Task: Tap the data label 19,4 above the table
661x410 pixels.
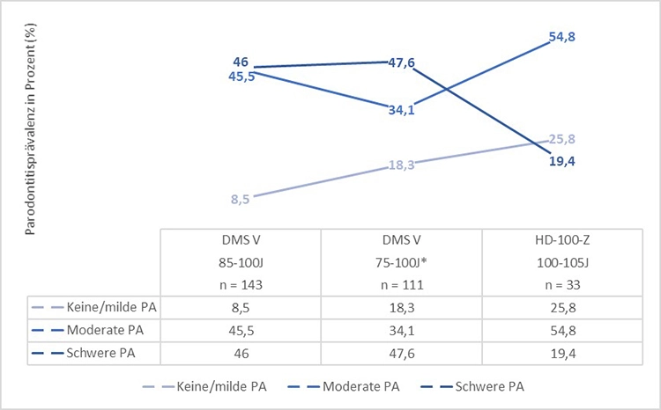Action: (x=561, y=161)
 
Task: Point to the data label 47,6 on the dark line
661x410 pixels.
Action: (x=402, y=62)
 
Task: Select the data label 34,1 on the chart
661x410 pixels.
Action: (x=401, y=110)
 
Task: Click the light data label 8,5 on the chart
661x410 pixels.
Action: (x=241, y=200)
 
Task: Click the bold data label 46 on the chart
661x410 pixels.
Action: (x=241, y=62)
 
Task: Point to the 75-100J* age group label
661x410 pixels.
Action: (x=401, y=262)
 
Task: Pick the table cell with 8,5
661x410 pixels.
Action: (x=241, y=307)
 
